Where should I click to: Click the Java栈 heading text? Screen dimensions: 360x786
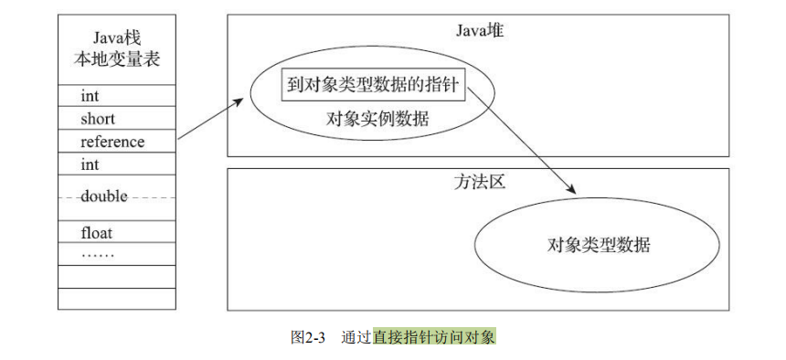pyautogui.click(x=116, y=37)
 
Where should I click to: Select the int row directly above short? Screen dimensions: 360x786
pyautogui.click(x=90, y=96)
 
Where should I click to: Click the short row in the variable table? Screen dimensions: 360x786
pyautogui.click(x=98, y=119)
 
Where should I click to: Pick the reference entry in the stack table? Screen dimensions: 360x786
pyautogui.click(x=112, y=142)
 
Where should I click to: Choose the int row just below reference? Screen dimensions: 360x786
pyautogui.click(x=90, y=164)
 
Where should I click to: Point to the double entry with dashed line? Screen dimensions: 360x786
pyautogui.click(x=103, y=196)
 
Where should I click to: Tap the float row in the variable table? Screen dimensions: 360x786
pyautogui.click(x=96, y=233)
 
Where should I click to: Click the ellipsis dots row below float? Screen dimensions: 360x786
pyautogui.click(x=98, y=253)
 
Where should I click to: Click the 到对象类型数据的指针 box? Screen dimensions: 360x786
pyautogui.click(x=373, y=87)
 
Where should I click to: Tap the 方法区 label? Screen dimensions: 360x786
pyautogui.click(x=479, y=182)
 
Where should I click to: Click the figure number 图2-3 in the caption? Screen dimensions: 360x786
pyautogui.click(x=308, y=337)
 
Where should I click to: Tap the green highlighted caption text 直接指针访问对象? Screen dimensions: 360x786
pyautogui.click(x=434, y=337)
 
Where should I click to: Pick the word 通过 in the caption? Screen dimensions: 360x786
pyautogui.click(x=356, y=337)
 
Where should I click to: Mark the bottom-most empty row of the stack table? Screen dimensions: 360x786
pyautogui.click(x=116, y=299)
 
